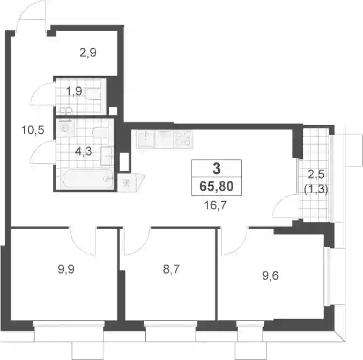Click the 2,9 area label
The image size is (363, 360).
[88, 53]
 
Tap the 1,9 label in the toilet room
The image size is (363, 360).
[74, 91]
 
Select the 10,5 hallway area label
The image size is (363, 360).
[33, 130]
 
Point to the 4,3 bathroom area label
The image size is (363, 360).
[84, 151]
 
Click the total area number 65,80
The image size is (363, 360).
[217, 187]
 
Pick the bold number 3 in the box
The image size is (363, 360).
[217, 168]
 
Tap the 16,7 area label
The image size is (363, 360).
[216, 205]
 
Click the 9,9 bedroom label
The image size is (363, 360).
[66, 270]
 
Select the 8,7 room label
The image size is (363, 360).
[172, 270]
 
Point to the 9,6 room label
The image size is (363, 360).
[271, 276]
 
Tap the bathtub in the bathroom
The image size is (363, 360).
[88, 179]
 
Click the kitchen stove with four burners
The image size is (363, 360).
[183, 139]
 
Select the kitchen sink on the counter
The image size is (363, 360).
[145, 139]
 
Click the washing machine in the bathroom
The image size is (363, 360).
[65, 128]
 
